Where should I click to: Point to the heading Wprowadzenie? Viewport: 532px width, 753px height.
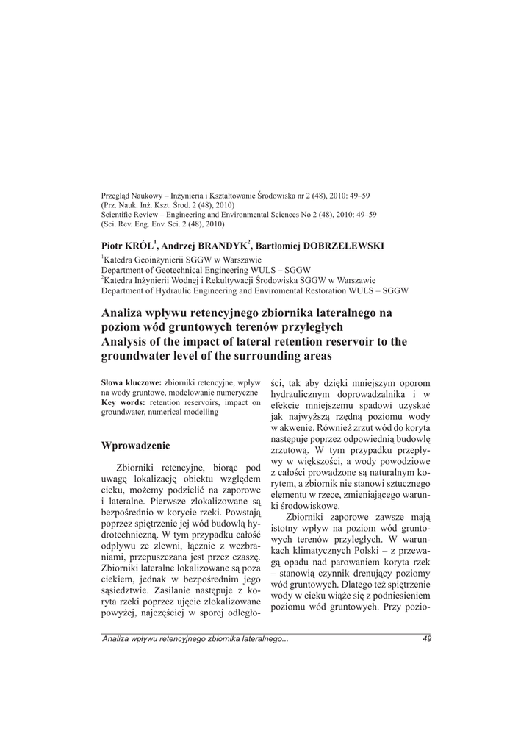coord(135,445)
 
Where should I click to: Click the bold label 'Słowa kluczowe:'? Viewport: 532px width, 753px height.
coord(130,383)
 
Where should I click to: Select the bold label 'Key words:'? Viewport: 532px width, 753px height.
coord(123,403)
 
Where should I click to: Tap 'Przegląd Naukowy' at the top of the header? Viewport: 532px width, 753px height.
coord(127,196)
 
